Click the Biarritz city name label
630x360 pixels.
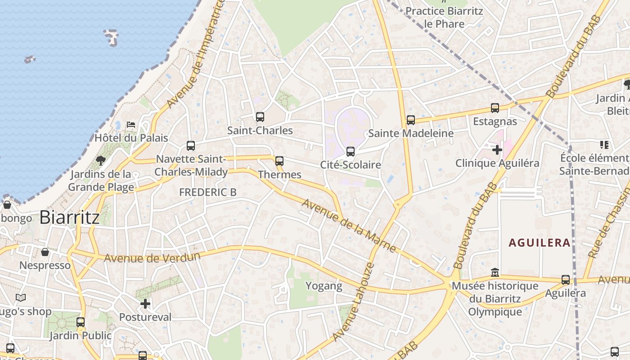coord(69,217)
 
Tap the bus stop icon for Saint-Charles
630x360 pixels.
coord(260,117)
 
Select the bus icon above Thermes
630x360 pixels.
coord(279,161)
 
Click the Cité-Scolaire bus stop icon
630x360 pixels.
coord(351,152)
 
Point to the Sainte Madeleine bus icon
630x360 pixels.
coord(410,120)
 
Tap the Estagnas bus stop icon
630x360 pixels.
coord(495,108)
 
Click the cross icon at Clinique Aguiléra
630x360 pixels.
coord(497,149)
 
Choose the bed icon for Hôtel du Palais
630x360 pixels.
coord(131,124)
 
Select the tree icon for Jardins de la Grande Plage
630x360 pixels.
coord(100,160)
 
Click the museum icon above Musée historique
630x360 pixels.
coord(495,273)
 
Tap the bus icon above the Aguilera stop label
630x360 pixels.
coord(565,280)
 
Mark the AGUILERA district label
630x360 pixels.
coord(539,243)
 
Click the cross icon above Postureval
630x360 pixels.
coord(145,304)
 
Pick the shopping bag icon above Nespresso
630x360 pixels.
coord(45,252)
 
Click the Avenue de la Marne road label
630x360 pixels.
coord(349,225)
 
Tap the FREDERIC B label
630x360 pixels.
coord(207,192)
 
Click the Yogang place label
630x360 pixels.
coord(324,286)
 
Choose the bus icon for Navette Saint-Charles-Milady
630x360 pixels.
coord(191,146)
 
